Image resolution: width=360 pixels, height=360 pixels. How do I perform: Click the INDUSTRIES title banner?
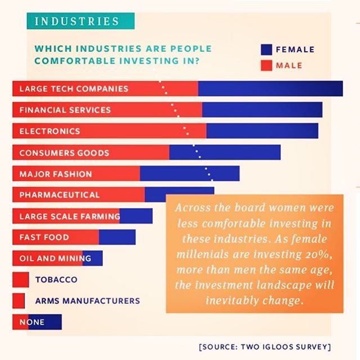click(x=77, y=21)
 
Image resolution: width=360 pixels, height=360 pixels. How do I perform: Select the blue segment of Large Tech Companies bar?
click(x=270, y=89)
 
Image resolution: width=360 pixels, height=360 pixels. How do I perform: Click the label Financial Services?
click(x=65, y=110)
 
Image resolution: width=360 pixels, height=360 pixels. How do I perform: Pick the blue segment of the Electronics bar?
click(x=262, y=131)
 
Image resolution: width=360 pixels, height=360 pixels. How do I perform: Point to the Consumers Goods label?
click(x=64, y=152)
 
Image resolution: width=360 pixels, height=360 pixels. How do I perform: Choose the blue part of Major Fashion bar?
click(x=190, y=174)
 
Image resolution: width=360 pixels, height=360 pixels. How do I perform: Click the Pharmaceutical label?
click(x=59, y=195)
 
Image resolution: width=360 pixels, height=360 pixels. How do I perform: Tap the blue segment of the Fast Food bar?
click(x=117, y=237)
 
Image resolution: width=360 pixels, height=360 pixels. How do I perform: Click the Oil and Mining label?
click(x=55, y=259)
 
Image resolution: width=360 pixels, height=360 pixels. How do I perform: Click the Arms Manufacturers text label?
click(x=87, y=301)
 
